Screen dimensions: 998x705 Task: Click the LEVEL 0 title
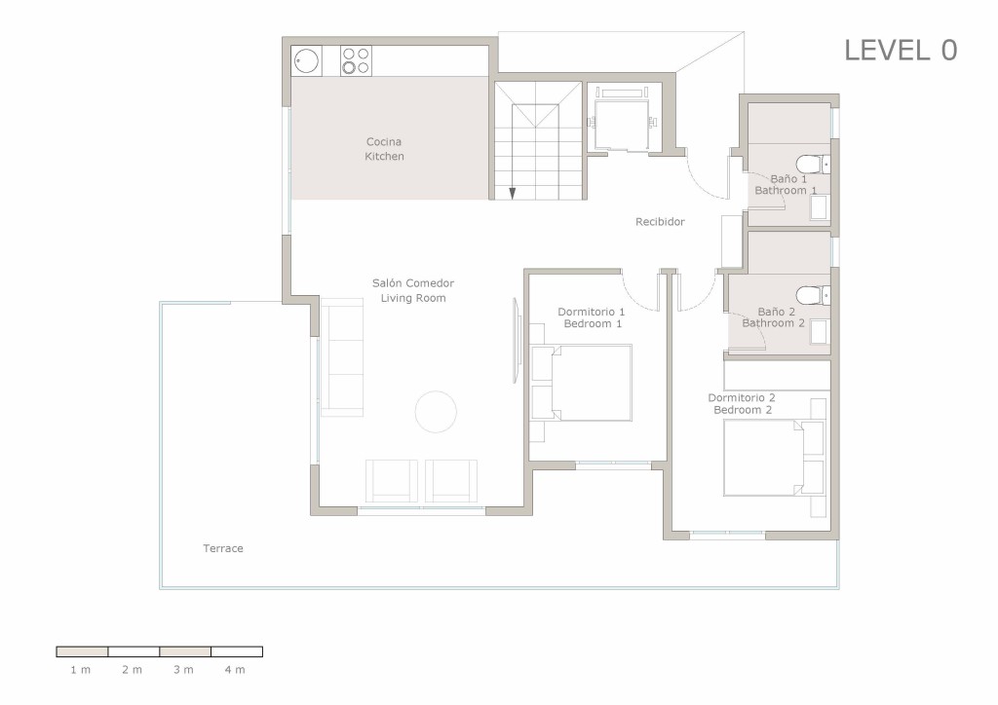pos(901,51)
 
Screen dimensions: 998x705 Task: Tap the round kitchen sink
pos(306,61)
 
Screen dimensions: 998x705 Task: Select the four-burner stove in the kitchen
pos(356,61)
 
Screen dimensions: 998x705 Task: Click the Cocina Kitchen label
pos(384,149)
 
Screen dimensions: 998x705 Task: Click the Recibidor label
pos(660,222)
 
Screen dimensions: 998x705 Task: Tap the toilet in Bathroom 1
pos(813,164)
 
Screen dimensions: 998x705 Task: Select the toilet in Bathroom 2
pos(813,295)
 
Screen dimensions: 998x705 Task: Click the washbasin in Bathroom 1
pos(819,207)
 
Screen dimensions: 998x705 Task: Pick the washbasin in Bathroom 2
pos(819,332)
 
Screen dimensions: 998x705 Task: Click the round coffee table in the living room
pos(436,412)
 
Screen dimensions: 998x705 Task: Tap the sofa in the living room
pos(342,357)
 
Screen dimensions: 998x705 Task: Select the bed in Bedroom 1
pos(582,383)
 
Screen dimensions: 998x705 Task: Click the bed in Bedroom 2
pos(774,458)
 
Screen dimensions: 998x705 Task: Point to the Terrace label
pos(223,548)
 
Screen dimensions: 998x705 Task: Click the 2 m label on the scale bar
pos(133,669)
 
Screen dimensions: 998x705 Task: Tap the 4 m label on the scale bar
pos(235,669)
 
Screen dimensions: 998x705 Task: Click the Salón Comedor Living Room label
pos(413,290)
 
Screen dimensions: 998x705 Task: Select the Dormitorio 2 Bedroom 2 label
pos(742,404)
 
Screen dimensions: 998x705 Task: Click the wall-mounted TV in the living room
pos(517,341)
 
